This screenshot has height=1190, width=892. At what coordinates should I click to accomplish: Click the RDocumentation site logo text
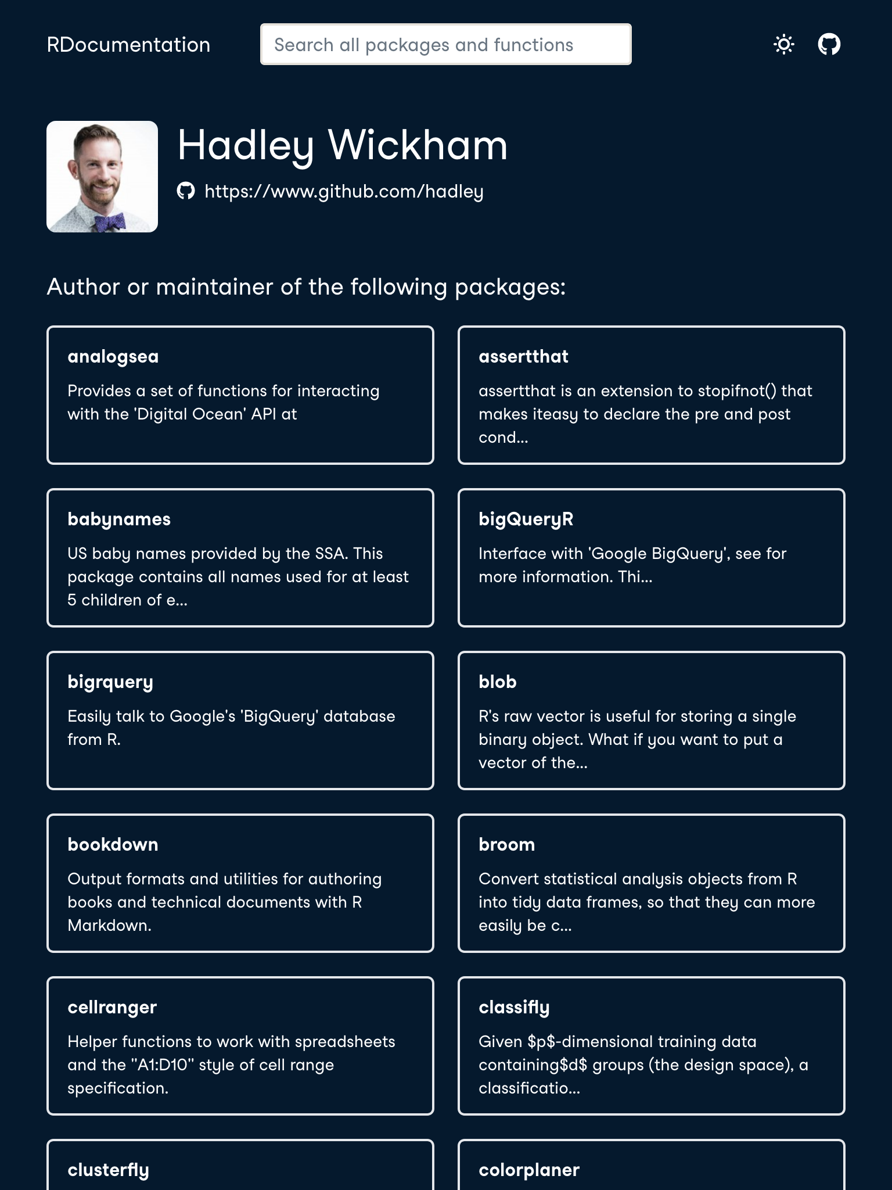coord(128,45)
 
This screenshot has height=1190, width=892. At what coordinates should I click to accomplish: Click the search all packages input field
coord(445,45)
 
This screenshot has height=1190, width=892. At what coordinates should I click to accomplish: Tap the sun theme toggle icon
coord(784,44)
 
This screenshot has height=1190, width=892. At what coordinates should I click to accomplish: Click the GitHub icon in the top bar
coord(829,44)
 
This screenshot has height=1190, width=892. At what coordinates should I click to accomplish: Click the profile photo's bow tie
coord(110,221)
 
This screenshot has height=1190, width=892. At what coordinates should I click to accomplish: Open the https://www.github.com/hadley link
coord(344,191)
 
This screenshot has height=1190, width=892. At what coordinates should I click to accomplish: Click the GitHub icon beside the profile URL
coord(186,191)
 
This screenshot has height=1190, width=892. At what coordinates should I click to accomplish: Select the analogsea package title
coord(113,356)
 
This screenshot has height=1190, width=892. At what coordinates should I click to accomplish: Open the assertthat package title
coord(523,356)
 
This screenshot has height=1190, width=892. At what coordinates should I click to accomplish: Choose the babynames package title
coord(119,519)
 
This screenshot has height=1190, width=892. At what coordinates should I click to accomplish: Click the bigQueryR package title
coord(526,519)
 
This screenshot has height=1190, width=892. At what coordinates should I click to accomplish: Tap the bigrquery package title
coord(110,682)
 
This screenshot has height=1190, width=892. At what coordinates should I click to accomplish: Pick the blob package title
coord(497,682)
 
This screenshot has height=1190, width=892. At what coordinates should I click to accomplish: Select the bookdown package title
coord(113,844)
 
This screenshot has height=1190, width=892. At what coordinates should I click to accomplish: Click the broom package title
coord(506,844)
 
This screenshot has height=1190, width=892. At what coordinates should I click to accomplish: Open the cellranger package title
coord(112,1007)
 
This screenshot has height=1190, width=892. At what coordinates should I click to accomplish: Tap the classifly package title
coord(514,1007)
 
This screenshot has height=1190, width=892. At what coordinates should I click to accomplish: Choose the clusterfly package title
coord(108,1170)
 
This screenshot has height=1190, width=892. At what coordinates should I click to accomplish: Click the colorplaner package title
coord(529,1170)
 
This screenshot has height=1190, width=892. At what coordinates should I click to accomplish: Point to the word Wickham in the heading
coord(418,145)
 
